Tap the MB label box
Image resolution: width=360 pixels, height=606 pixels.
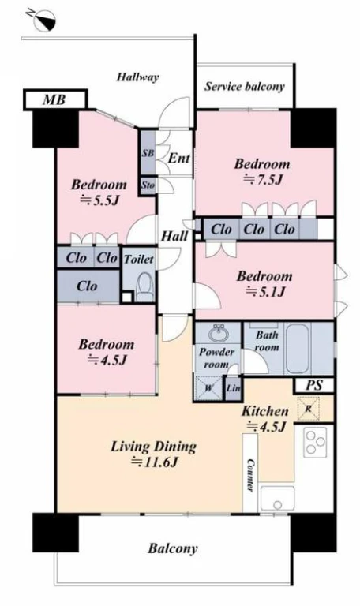pyautogui.click(x=55, y=100)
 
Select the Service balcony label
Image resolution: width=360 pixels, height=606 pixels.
pyautogui.click(x=245, y=86)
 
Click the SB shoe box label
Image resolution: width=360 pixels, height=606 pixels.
pyautogui.click(x=148, y=153)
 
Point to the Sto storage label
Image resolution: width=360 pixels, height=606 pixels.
pyautogui.click(x=148, y=185)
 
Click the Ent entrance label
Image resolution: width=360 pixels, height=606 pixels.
pyautogui.click(x=179, y=158)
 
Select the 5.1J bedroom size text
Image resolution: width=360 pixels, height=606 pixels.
pyautogui.click(x=265, y=291)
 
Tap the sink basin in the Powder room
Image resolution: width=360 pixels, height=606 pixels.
pyautogui.click(x=219, y=333)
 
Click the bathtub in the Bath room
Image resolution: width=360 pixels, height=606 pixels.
pyautogui.click(x=298, y=349)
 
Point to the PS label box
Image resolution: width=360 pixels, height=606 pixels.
pyautogui.click(x=314, y=385)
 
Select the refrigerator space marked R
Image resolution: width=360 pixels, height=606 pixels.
pyautogui.click(x=308, y=409)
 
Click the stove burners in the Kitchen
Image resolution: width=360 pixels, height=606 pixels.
pyautogui.click(x=315, y=443)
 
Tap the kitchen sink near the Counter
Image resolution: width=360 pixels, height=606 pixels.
pyautogui.click(x=277, y=499)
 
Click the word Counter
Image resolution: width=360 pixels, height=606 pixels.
pyautogui.click(x=250, y=475)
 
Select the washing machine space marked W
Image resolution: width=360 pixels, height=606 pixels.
pyautogui.click(x=208, y=387)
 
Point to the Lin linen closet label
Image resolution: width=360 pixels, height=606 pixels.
pyautogui.click(x=233, y=388)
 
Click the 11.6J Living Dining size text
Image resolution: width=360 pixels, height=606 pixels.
pyautogui.click(x=155, y=462)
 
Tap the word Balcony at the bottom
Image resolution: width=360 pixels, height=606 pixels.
pyautogui.click(x=172, y=548)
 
